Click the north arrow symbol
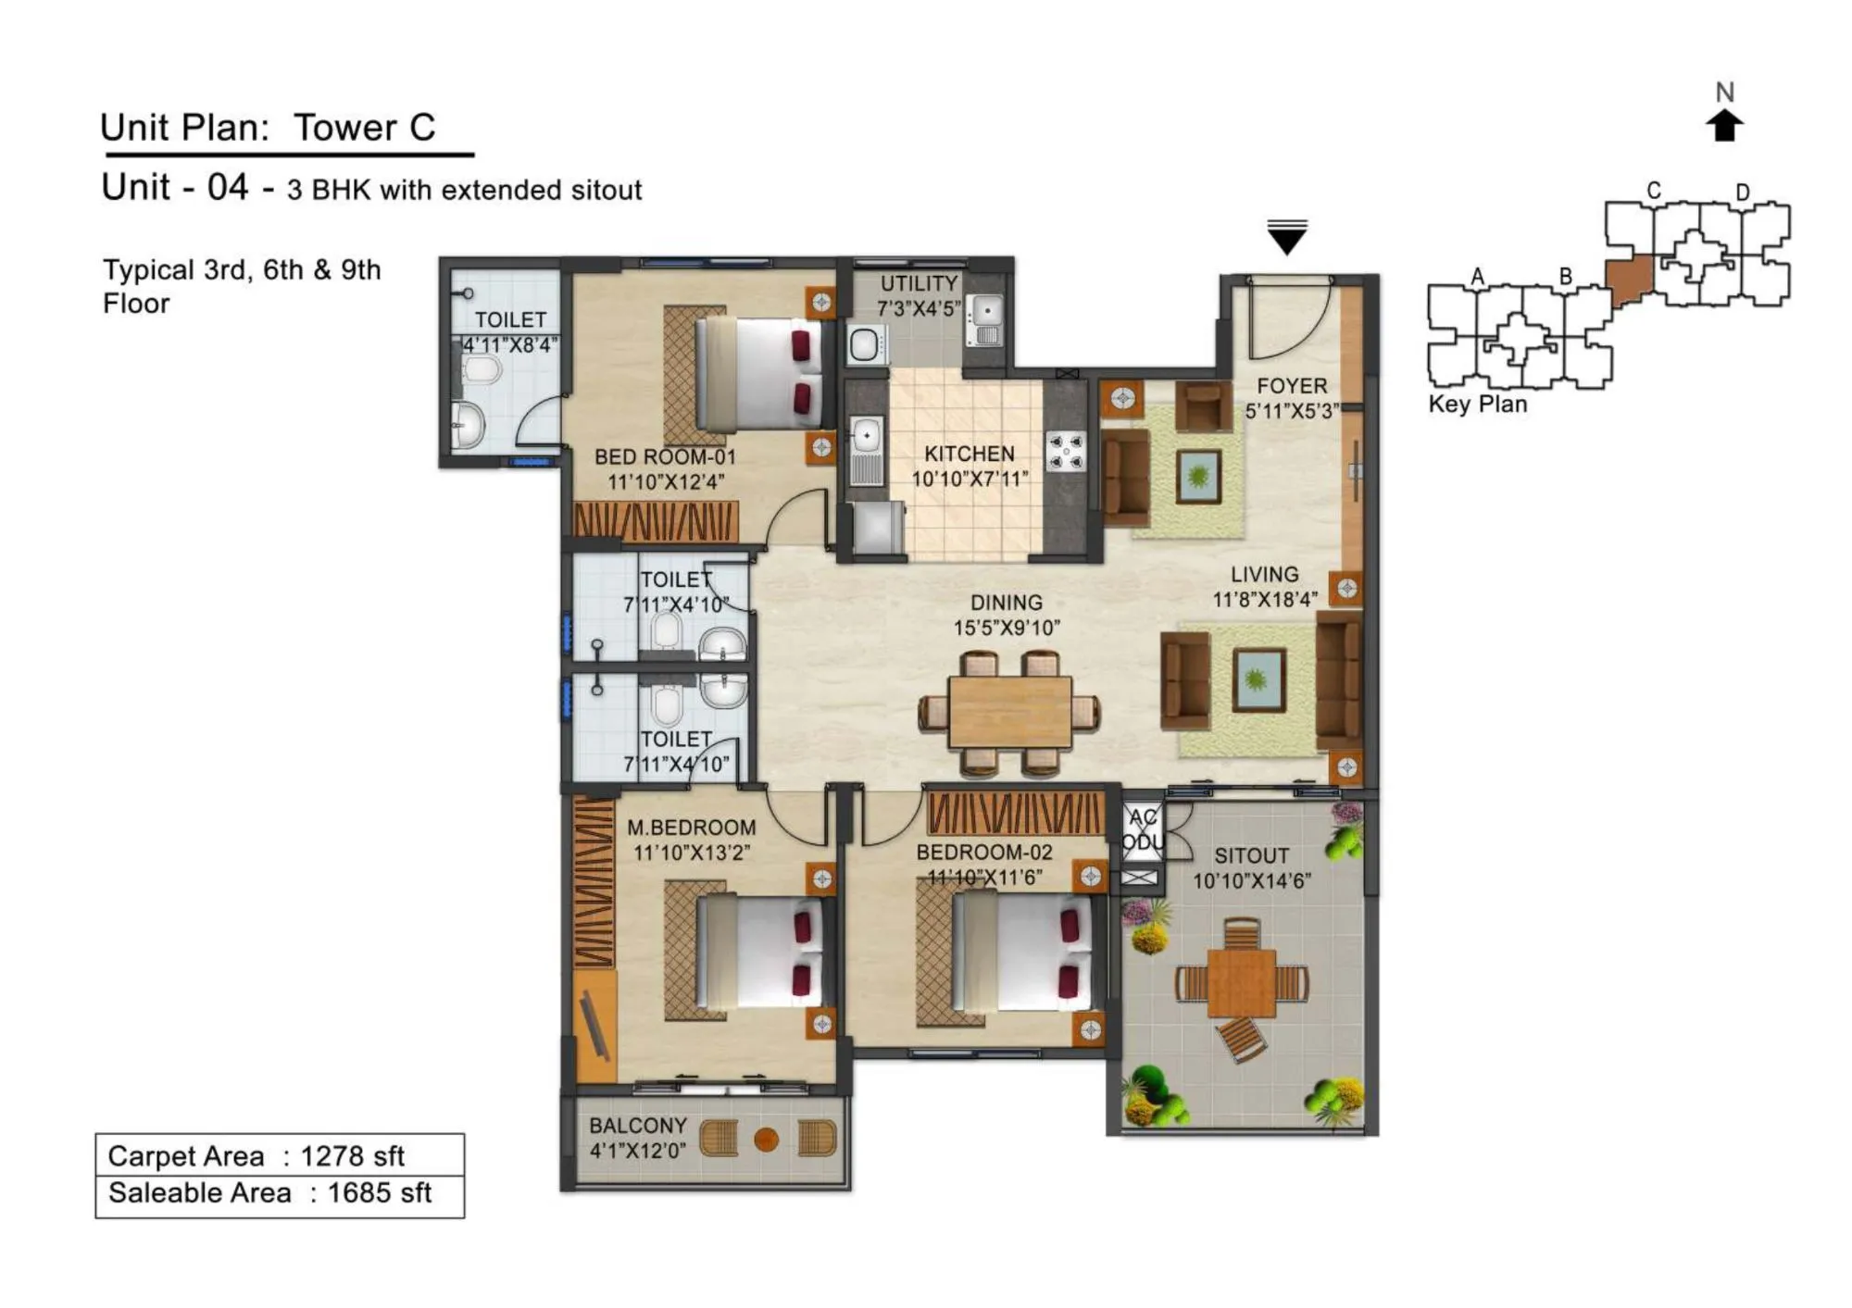tap(1723, 125)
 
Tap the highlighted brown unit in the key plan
tap(1629, 279)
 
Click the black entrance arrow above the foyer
tap(1286, 238)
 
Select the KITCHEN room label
tap(969, 454)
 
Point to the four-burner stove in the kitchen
tap(1066, 452)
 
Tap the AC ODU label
tap(1143, 829)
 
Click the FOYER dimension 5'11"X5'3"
tap(1291, 411)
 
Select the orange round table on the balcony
tap(766, 1140)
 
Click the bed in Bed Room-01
tap(755, 374)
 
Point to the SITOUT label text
tap(1251, 855)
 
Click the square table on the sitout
tap(1241, 982)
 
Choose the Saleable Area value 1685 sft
tap(379, 1193)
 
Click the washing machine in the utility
tap(865, 345)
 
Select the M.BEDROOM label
tap(691, 828)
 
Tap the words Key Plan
tap(1477, 405)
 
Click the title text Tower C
tap(364, 128)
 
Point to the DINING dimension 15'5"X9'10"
tap(1007, 628)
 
